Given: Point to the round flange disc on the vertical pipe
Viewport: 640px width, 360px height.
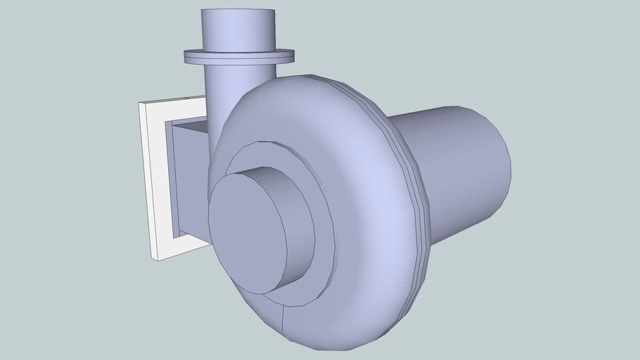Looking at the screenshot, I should click(x=238, y=56).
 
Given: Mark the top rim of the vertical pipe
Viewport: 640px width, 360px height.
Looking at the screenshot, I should click(x=238, y=11).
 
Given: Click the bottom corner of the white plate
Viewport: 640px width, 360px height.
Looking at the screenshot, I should click(x=159, y=259).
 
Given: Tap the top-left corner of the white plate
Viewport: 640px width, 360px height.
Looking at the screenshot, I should click(x=141, y=103).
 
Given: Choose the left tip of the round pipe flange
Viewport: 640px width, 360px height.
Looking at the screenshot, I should click(x=185, y=56).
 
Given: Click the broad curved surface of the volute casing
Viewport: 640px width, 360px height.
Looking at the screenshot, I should click(x=366, y=176).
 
